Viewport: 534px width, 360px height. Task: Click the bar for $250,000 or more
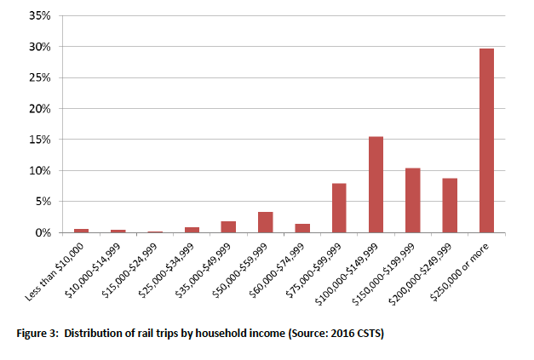point(486,140)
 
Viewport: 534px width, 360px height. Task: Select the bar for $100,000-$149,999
point(376,185)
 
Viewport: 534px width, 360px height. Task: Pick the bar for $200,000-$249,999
point(450,205)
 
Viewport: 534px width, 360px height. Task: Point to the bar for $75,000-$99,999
point(339,208)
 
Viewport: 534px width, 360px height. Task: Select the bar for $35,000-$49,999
point(228,226)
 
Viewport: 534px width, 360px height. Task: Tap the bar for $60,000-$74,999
point(302,228)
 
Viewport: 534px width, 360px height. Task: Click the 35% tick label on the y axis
point(40,16)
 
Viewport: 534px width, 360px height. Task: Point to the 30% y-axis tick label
point(40,48)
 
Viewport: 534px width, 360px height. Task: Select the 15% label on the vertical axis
point(40,140)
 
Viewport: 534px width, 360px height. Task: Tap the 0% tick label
point(43,232)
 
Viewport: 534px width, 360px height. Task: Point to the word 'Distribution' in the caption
point(95,332)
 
